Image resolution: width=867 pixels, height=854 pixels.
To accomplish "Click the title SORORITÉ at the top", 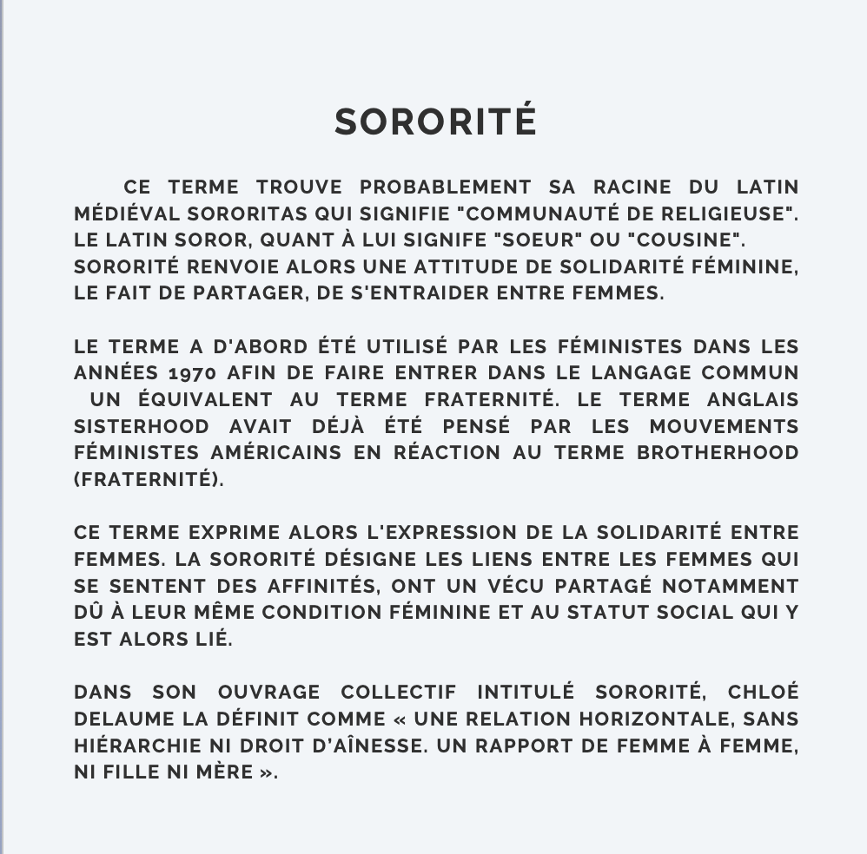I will [436, 122].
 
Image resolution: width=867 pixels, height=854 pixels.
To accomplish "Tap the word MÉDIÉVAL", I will [127, 213].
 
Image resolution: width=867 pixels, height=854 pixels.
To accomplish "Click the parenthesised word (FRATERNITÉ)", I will [149, 480].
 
